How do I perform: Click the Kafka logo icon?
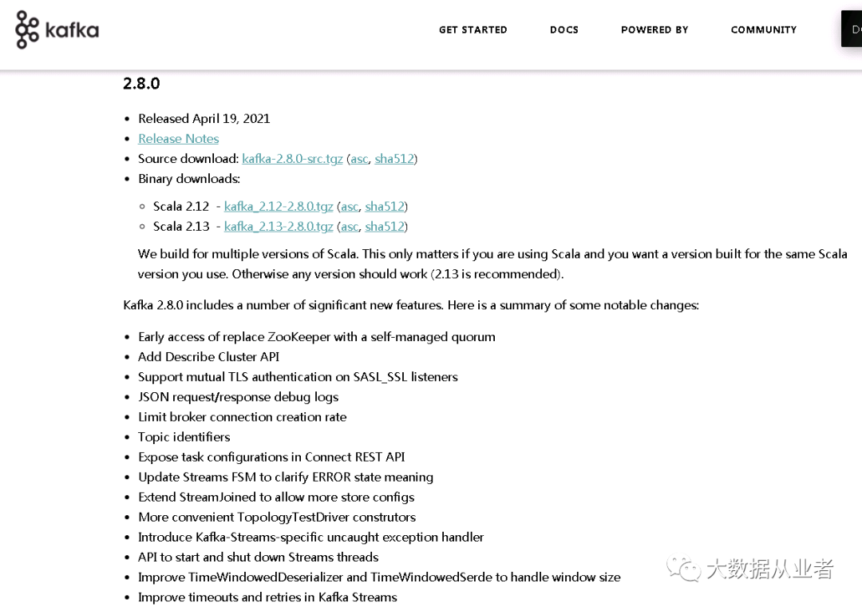click(x=27, y=30)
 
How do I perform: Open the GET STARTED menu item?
click(x=473, y=30)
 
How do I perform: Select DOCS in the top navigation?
click(x=563, y=30)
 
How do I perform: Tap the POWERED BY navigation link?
click(x=654, y=30)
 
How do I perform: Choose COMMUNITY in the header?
click(x=763, y=30)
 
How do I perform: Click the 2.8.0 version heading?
click(x=141, y=83)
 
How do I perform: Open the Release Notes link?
click(x=178, y=138)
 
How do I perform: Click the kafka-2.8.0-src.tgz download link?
click(x=292, y=158)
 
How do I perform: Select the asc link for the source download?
click(x=359, y=158)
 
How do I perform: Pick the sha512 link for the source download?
click(x=394, y=158)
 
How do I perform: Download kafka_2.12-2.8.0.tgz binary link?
click(x=279, y=206)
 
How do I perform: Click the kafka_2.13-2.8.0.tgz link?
click(x=279, y=226)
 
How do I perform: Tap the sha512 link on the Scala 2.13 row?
click(x=385, y=226)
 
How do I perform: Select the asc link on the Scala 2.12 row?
click(x=350, y=206)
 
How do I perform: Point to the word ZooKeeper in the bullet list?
click(x=299, y=336)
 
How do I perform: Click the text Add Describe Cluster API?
click(x=208, y=356)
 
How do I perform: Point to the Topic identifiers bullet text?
click(x=184, y=436)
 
